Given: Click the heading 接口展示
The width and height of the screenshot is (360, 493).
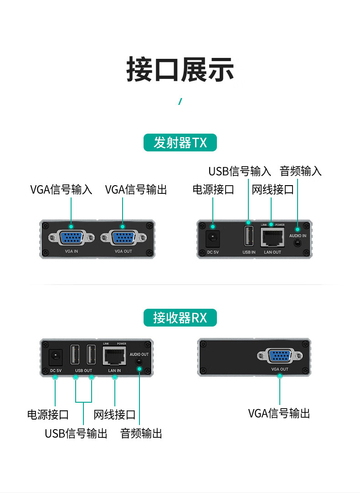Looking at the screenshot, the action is [180, 70].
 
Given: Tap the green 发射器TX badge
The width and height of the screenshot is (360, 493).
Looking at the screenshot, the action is [180, 143].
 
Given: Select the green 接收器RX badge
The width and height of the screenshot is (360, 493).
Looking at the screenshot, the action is [180, 317].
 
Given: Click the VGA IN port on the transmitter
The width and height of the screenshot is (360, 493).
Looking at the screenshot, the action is [72, 238].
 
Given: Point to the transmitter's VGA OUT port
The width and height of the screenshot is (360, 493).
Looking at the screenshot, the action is [123, 238].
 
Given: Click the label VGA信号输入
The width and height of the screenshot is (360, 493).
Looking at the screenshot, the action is [62, 189].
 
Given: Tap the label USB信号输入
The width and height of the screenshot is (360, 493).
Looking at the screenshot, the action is [240, 171].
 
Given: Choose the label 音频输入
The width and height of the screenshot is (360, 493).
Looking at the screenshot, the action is [301, 171].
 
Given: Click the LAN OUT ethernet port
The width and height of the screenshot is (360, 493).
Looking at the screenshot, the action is [272, 238].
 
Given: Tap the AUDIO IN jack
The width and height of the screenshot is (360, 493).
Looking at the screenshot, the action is [298, 243].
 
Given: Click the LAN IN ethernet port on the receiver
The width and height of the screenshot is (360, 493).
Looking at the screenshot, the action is [114, 356].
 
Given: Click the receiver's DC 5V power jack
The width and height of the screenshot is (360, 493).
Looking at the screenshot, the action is [55, 357].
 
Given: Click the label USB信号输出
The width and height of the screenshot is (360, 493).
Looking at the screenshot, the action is [76, 433].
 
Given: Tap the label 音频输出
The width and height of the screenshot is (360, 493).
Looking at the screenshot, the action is [141, 433].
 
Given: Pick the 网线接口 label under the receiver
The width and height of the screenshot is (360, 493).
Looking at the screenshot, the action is [114, 415].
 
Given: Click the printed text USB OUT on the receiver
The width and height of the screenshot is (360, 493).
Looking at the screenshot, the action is [83, 371].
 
